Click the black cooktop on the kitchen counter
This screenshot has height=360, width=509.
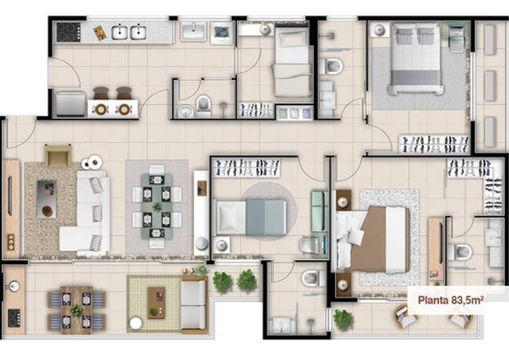click(69, 32)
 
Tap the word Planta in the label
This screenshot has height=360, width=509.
click(433, 300)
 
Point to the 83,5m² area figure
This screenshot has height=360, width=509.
click(466, 300)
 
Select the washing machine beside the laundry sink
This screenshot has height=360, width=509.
click(221, 32)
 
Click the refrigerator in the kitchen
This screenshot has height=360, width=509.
click(71, 104)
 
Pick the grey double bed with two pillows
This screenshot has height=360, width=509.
click(416, 60)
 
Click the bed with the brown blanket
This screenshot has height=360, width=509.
click(372, 239)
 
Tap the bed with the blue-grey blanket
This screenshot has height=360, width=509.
click(250, 217)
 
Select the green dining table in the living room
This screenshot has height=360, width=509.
click(157, 207)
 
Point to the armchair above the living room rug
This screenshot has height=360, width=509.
click(58, 155)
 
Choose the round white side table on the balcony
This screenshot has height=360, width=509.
click(136, 323)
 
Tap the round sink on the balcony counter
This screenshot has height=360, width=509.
click(13, 286)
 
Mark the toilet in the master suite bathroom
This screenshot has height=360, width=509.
click(459, 252)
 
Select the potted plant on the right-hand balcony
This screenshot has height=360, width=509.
click(343, 319)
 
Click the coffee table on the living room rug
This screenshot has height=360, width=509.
click(46, 199)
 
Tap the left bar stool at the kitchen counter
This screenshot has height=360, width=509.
click(101, 92)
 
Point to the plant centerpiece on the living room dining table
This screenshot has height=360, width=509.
click(157, 207)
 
